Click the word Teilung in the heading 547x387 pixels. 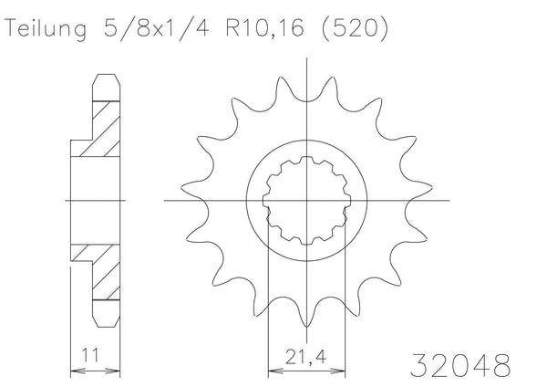[46, 29]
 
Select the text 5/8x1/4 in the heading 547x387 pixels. [156, 28]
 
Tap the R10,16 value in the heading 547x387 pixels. [264, 28]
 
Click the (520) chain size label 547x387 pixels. [355, 28]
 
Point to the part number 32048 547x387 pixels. [460, 365]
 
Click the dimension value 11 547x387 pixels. [90, 355]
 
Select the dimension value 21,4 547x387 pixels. [305, 357]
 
